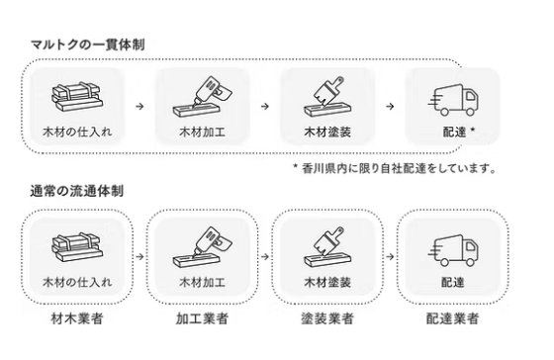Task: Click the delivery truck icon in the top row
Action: coord(453,98)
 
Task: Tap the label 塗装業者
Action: coord(326,318)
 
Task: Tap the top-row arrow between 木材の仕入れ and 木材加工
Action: coord(139,104)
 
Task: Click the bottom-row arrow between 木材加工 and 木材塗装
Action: coord(264,255)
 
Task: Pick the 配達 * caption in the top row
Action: coord(456,131)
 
